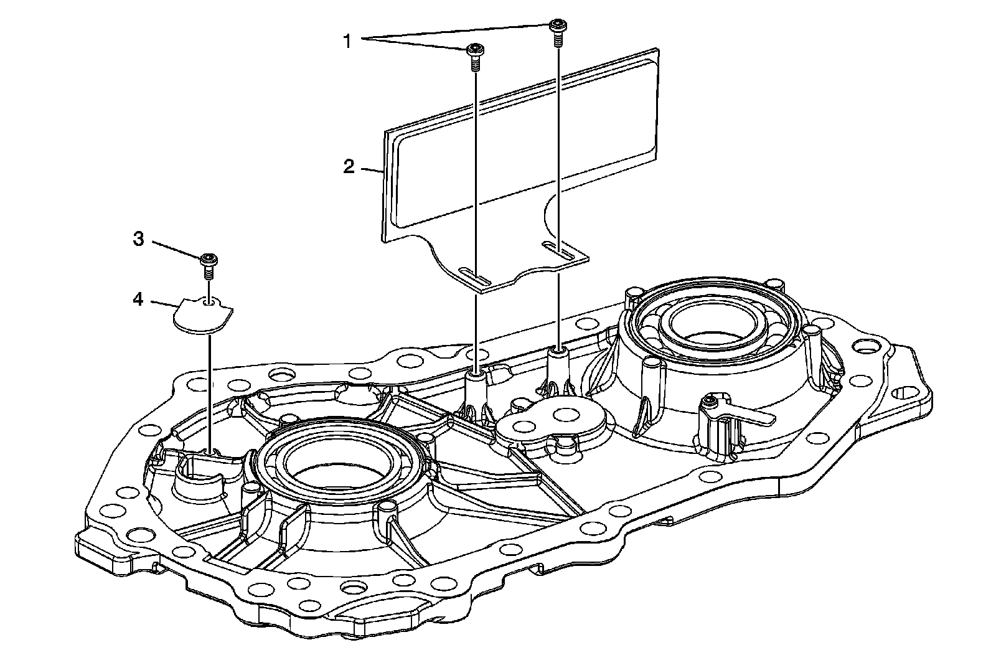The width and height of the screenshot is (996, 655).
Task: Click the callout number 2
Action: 349,167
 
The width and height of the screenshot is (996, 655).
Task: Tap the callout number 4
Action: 138,299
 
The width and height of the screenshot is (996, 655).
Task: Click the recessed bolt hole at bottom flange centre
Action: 355,589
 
